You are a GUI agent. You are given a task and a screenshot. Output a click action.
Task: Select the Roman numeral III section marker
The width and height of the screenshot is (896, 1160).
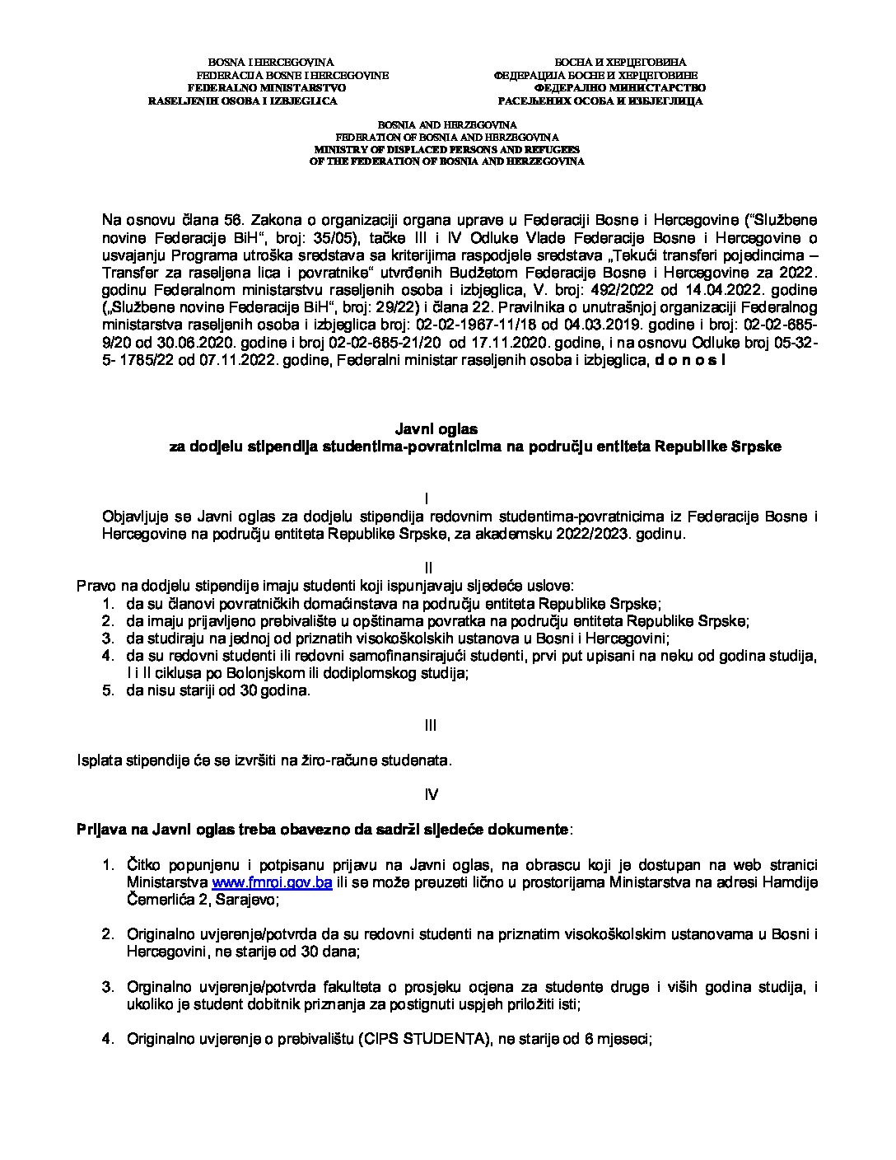(x=429, y=726)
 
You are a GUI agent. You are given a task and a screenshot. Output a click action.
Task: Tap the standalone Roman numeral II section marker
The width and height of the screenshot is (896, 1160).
(x=427, y=568)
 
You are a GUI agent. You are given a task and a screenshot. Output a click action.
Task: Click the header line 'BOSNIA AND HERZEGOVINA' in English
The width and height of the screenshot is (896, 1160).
(x=447, y=123)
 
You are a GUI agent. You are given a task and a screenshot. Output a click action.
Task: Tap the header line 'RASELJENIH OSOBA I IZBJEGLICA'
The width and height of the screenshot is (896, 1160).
(x=242, y=101)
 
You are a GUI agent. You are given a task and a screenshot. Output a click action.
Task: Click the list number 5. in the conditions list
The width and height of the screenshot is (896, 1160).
(x=107, y=690)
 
